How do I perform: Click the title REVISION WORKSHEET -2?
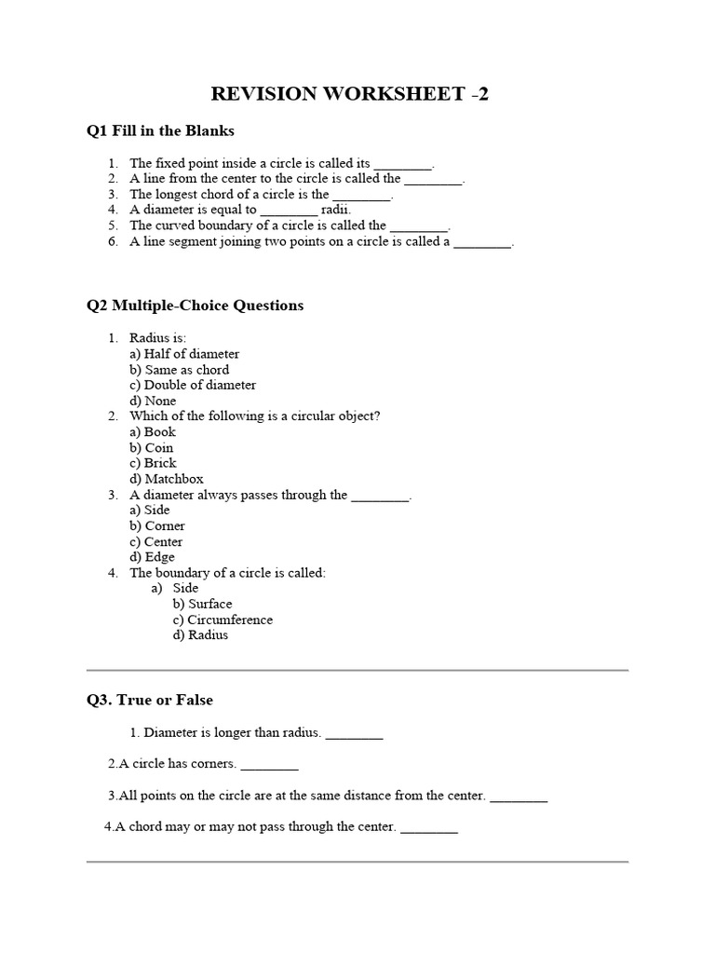click(350, 93)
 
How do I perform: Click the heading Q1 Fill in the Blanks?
click(160, 131)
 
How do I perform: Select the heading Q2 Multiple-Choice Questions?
click(195, 306)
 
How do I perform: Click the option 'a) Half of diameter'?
click(184, 354)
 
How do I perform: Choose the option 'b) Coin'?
click(152, 447)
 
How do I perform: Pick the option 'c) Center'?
click(156, 541)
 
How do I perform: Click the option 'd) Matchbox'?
click(167, 479)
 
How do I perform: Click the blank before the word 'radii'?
click(289, 211)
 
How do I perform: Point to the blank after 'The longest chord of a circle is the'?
click(362, 196)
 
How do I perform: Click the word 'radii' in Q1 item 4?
click(336, 210)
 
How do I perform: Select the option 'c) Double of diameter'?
click(193, 385)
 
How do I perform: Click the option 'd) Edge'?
click(153, 557)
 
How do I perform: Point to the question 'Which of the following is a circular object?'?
click(254, 416)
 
